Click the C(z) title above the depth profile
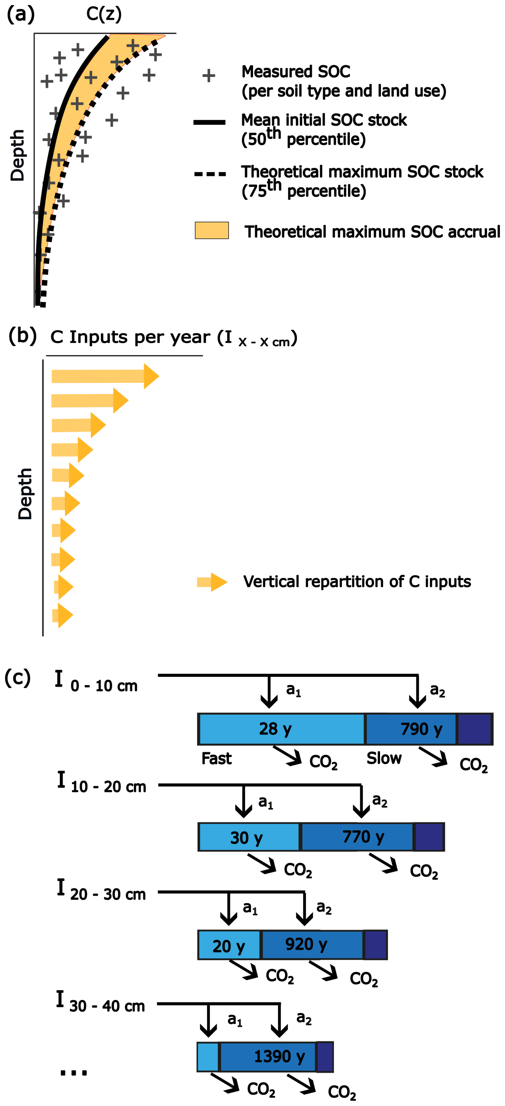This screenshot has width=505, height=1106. point(104,14)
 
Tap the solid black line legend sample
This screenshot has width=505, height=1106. point(210,122)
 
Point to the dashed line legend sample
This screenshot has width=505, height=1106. point(210,174)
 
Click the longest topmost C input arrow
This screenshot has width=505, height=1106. point(105,376)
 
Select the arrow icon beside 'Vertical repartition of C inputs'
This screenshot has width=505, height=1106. point(212,582)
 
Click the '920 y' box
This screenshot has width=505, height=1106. point(312,944)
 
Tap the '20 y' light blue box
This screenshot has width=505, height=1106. point(229,944)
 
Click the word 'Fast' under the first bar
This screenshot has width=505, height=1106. point(216,759)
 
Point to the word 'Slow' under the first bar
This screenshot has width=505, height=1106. point(384,759)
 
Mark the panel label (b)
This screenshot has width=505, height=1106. point(22,336)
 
